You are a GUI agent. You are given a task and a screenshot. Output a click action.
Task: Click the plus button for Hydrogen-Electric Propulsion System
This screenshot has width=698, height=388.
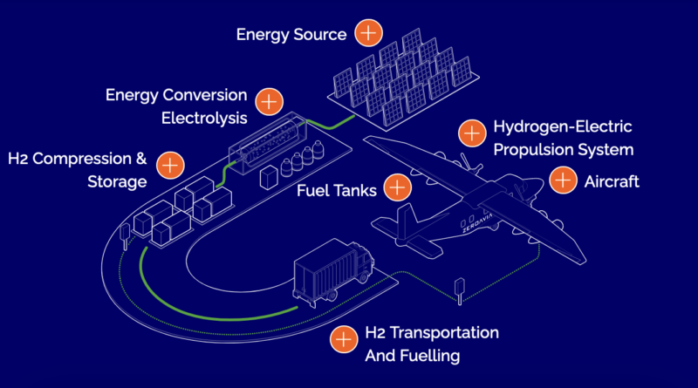[x=472, y=133]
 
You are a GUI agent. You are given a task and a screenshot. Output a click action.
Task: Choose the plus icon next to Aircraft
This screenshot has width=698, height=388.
[x=563, y=180]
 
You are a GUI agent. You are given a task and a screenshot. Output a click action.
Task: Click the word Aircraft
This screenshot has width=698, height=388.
[x=611, y=181]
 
